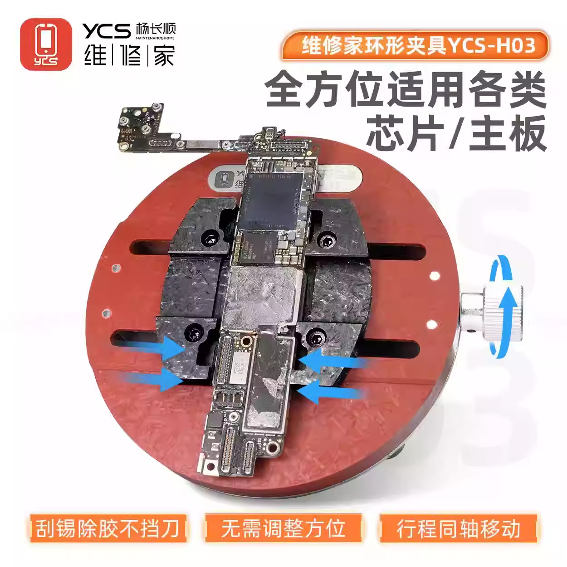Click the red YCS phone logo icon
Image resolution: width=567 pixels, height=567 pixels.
(x=46, y=44)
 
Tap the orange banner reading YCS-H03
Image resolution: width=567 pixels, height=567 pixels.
(x=415, y=45)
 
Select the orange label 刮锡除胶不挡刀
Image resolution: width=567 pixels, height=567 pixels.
(x=108, y=528)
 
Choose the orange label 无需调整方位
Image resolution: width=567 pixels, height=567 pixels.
(x=283, y=528)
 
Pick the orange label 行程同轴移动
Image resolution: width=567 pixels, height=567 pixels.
(x=458, y=528)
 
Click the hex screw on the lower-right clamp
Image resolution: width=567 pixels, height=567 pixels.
(x=316, y=337)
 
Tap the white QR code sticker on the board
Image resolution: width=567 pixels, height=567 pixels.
(x=239, y=368)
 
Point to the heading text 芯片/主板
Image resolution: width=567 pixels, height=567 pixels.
(x=456, y=133)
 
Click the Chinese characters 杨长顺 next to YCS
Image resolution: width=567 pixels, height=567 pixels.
(x=155, y=29)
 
